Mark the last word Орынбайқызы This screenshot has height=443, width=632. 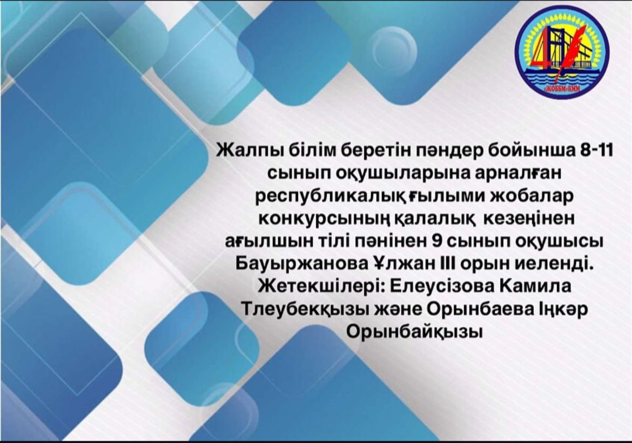coord(414,332)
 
